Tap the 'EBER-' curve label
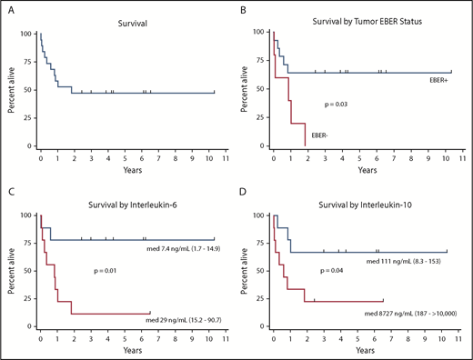(x=318, y=135)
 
